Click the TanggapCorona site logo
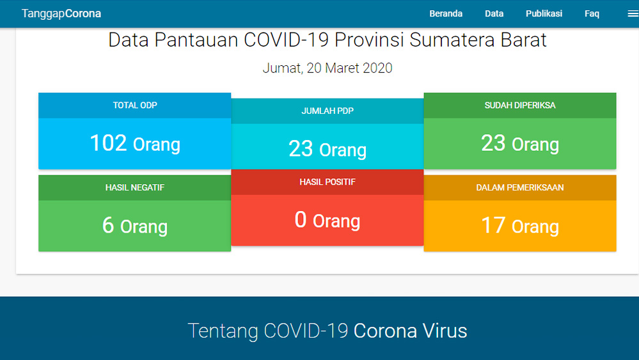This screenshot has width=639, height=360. tap(61, 13)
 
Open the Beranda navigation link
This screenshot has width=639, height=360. tap(446, 13)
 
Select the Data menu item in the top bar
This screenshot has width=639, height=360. tap(494, 13)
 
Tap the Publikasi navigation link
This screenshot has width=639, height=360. tap(544, 13)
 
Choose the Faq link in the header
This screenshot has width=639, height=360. tap(592, 13)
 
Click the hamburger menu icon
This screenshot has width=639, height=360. tap(633, 13)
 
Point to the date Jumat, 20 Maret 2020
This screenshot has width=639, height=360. tap(327, 68)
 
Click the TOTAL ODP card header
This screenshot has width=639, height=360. tap(135, 106)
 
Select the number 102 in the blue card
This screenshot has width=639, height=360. tap(108, 143)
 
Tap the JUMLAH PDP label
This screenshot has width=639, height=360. tap(327, 111)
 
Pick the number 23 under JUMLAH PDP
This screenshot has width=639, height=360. tap(301, 149)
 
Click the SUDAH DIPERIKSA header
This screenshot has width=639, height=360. tap(520, 106)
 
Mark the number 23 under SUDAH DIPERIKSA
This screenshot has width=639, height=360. tap(493, 143)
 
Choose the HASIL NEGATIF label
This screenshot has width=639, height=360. tap(135, 188)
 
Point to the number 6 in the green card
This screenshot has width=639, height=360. tap(108, 226)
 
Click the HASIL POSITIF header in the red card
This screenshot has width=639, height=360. tap(327, 182)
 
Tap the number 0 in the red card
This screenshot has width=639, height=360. tap(301, 220)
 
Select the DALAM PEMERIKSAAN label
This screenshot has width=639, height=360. tap(520, 188)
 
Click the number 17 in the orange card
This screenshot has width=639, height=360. tap(493, 226)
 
